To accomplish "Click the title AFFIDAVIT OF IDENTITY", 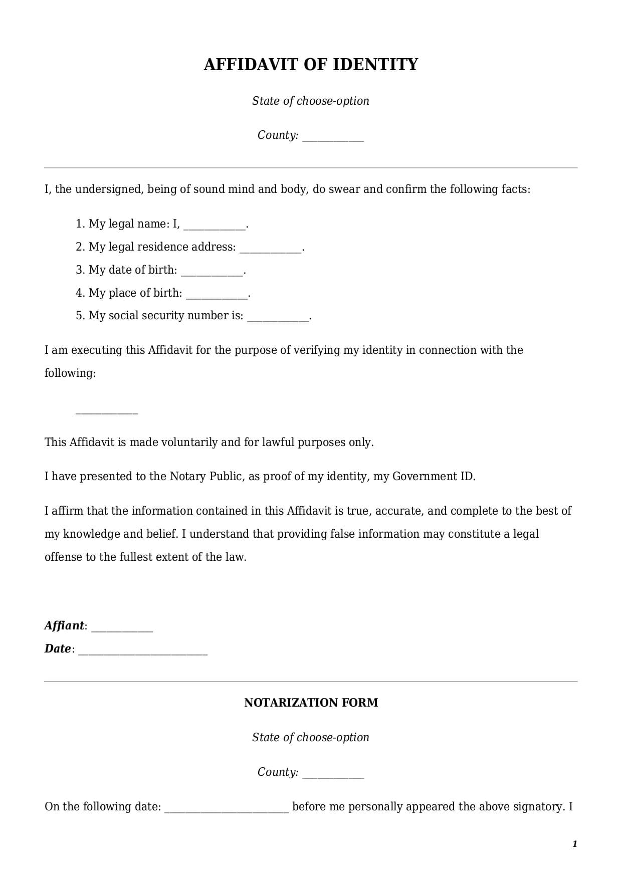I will pyautogui.click(x=311, y=65).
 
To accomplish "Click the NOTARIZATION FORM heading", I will pyautogui.click(x=311, y=703).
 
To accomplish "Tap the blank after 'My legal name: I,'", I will pyautogui.click(x=215, y=225).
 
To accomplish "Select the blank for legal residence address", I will pyautogui.click(x=271, y=248).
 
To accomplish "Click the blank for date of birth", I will pyautogui.click(x=212, y=271).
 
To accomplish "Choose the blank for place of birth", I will pyautogui.click(x=217, y=294).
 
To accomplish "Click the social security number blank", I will pyautogui.click(x=278, y=317).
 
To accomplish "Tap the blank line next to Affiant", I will pyautogui.click(x=122, y=627).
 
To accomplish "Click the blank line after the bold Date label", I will pyautogui.click(x=143, y=650).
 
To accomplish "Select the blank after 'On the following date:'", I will pyautogui.click(x=227, y=808).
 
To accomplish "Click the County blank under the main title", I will pyautogui.click(x=333, y=137).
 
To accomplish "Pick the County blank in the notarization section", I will pyautogui.click(x=333, y=773).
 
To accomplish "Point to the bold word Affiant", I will pyautogui.click(x=64, y=625).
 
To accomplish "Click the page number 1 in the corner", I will pyautogui.click(x=574, y=844).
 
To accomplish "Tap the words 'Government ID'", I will pyautogui.click(x=433, y=476).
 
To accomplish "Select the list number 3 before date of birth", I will pyautogui.click(x=80, y=270).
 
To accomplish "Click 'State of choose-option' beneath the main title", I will pyautogui.click(x=311, y=101).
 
